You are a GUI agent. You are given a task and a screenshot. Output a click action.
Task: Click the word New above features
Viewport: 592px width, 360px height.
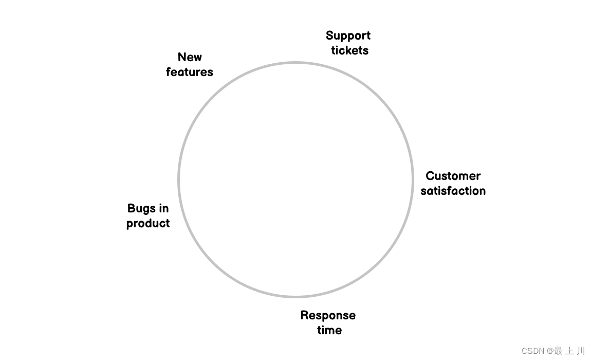(x=190, y=57)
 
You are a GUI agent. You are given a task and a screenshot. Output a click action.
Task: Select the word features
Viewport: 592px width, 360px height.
(x=189, y=72)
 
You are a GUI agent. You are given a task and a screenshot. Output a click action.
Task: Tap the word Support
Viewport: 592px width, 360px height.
(x=348, y=36)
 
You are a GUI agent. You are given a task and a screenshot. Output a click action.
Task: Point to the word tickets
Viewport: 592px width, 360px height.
(x=349, y=50)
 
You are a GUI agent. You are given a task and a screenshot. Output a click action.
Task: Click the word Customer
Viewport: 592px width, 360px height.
(x=453, y=176)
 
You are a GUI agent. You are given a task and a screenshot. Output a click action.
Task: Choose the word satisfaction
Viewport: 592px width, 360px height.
(x=453, y=191)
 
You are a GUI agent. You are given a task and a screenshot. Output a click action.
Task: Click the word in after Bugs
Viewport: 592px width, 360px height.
(x=163, y=208)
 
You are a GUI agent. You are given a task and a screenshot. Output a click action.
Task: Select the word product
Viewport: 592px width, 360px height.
(x=148, y=223)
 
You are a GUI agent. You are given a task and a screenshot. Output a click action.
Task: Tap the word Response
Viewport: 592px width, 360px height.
(x=328, y=315)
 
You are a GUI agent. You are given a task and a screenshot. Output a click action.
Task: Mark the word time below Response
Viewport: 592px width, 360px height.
(x=329, y=330)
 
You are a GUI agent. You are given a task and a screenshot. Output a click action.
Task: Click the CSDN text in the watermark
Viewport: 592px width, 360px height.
(x=533, y=351)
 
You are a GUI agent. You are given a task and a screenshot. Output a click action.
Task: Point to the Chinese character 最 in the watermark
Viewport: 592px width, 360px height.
(x=558, y=351)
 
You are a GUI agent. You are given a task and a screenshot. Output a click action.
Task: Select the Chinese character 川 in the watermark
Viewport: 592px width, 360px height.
(x=580, y=351)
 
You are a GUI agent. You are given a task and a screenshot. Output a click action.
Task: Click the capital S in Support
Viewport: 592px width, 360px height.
(x=330, y=36)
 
